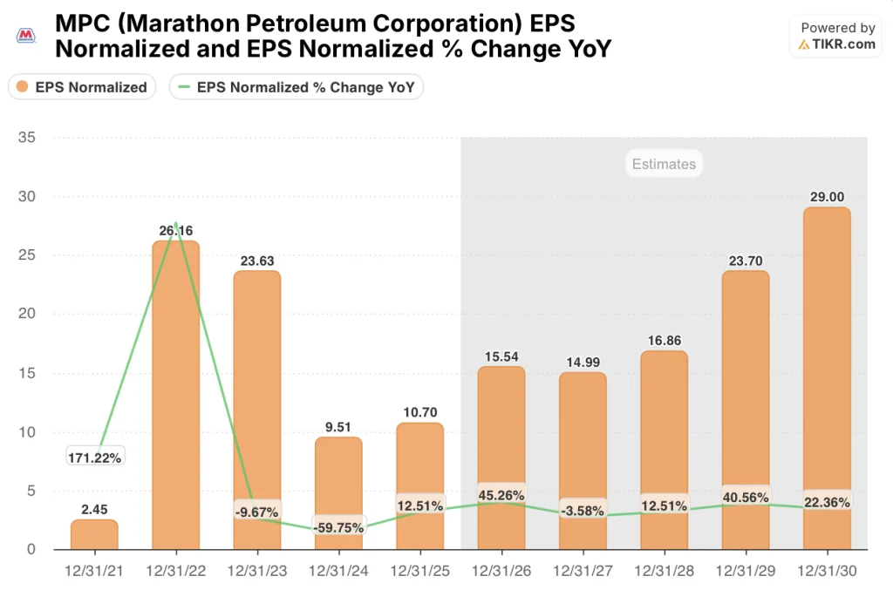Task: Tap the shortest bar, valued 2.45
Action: click(94, 534)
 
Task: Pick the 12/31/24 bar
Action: click(338, 492)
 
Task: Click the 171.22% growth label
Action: click(94, 457)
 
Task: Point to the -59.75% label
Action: click(338, 526)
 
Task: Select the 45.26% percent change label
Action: click(501, 496)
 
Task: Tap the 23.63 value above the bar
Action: click(256, 259)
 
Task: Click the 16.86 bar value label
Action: click(664, 339)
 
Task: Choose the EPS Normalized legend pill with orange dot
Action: click(83, 87)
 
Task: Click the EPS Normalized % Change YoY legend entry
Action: click(297, 87)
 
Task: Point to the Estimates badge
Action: click(664, 164)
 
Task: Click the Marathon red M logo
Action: click(27, 36)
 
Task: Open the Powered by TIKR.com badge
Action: click(836, 37)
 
